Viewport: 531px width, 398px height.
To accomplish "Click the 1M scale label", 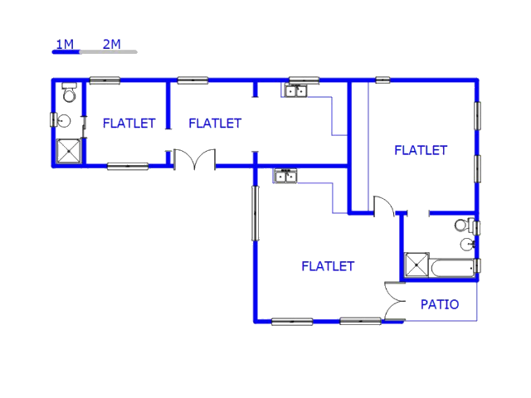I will point(65,43).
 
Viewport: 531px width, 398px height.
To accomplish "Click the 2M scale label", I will point(112,43).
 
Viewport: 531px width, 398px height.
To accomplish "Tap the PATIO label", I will point(440,304).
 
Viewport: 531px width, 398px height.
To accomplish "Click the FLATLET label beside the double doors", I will point(215,124).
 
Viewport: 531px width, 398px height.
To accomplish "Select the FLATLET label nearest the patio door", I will point(328,266).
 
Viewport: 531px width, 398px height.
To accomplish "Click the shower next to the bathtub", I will point(416,265).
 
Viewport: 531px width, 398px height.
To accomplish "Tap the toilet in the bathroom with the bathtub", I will point(463,225).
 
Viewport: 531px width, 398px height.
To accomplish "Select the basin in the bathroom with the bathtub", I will point(467,244).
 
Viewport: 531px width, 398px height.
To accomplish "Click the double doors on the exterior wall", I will point(194,159).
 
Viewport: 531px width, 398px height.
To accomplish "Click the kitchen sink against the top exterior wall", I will point(297,90).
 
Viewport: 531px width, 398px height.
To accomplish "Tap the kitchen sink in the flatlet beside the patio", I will point(285,176).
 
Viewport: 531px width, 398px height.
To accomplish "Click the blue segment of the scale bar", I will point(66,52).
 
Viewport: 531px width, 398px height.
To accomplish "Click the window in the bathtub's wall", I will point(477,266).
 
